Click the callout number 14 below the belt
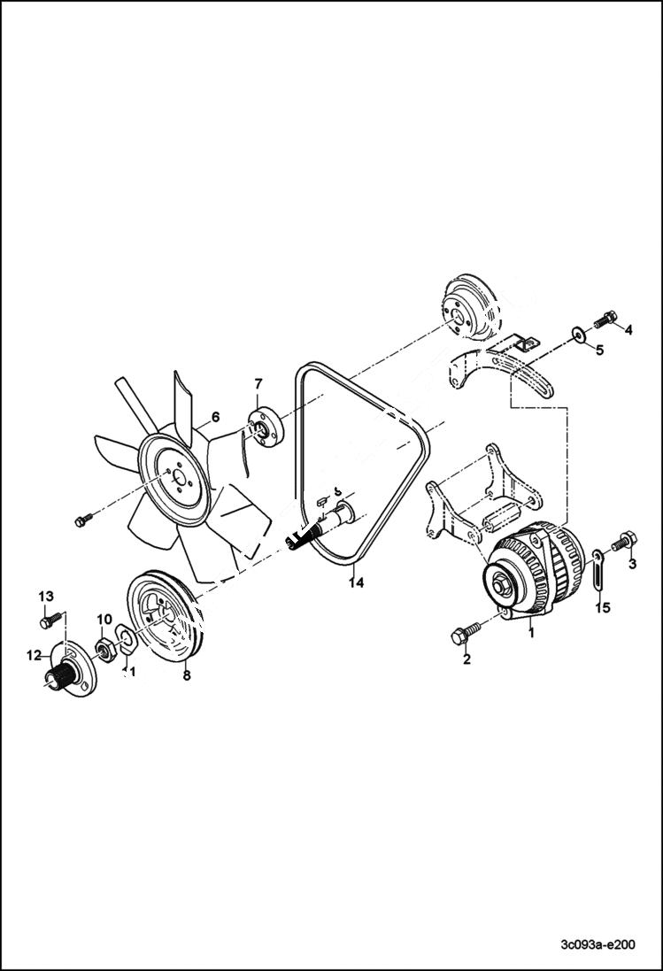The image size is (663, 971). (x=355, y=582)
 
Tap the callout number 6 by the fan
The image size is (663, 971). (x=214, y=417)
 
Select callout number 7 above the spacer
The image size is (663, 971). (x=258, y=383)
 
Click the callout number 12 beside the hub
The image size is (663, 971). (x=35, y=655)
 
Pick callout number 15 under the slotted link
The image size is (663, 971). (x=602, y=607)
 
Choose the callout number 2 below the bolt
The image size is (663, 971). (x=466, y=659)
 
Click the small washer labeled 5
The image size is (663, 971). (x=578, y=335)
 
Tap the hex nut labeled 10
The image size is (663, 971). (x=104, y=651)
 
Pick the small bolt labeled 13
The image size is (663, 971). (x=50, y=620)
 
